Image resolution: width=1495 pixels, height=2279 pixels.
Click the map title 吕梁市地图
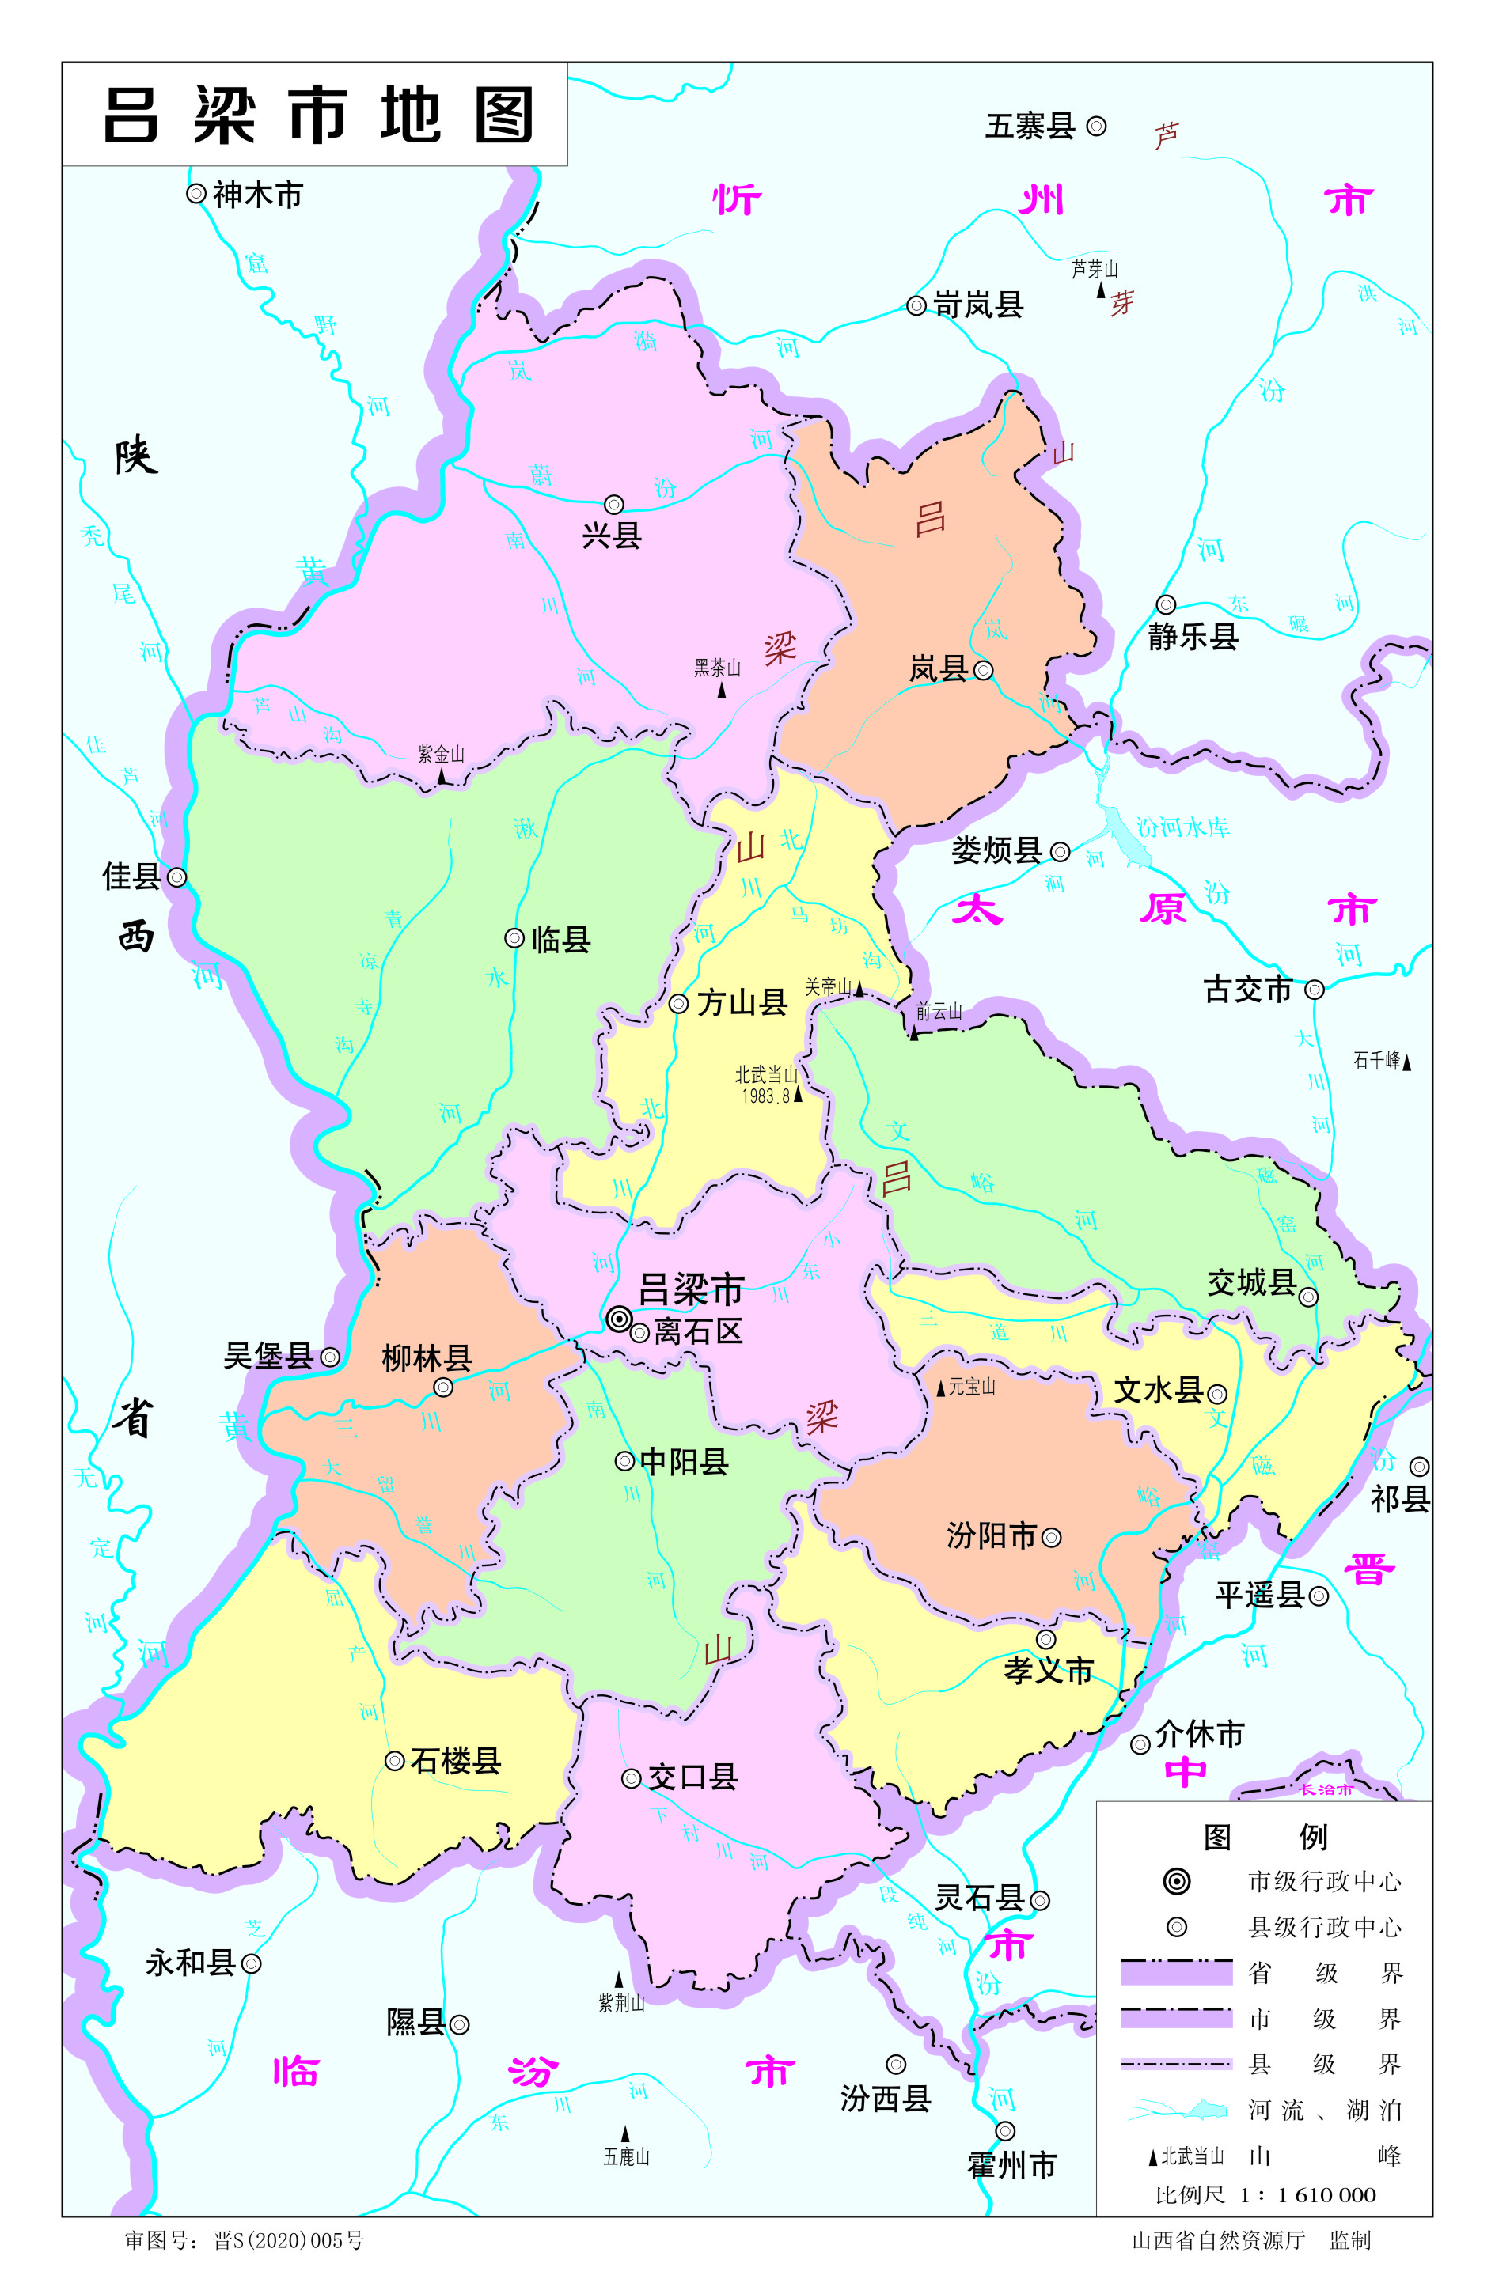coord(316,115)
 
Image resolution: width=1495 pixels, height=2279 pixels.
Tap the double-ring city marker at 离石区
coord(619,1319)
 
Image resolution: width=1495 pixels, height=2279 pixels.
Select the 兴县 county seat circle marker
coord(614,505)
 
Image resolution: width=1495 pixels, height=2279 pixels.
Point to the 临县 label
coord(561,940)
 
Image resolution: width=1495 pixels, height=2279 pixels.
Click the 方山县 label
coord(742,1002)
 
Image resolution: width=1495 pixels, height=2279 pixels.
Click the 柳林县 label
coord(427,1357)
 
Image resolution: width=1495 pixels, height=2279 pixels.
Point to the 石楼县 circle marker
coord(393,1760)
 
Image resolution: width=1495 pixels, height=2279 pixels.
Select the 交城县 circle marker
coord(1308,1297)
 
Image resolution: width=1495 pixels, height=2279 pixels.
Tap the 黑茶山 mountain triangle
coord(722,691)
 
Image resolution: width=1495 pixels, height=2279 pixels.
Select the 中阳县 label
coord(684,1461)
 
